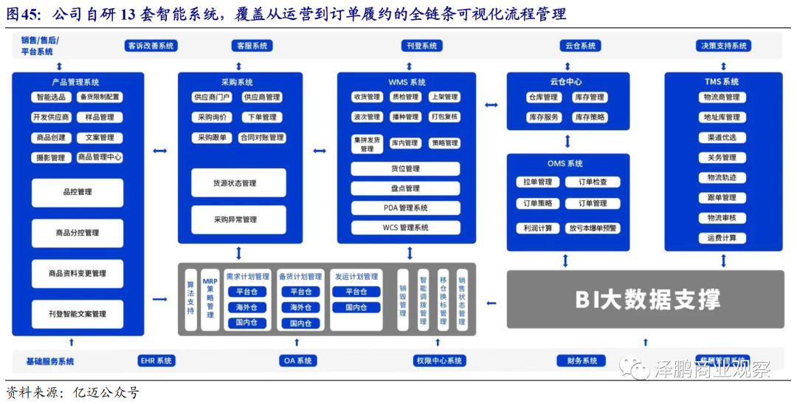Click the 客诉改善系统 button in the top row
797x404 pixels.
point(151,46)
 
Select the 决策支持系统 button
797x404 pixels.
point(724,46)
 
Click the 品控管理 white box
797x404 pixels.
point(77,192)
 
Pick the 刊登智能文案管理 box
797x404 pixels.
point(77,314)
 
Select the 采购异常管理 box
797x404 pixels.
point(238,219)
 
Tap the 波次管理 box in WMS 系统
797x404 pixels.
point(367,117)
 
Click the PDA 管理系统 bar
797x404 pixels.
point(405,208)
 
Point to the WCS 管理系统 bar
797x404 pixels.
point(405,227)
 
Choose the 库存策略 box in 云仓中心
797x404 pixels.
point(590,117)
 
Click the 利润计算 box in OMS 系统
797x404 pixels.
point(538,228)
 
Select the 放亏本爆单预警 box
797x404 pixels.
point(593,228)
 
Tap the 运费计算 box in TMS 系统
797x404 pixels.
point(722,239)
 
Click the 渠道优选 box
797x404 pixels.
point(722,137)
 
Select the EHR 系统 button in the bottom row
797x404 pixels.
point(156,361)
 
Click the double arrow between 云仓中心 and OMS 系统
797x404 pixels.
point(567,140)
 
